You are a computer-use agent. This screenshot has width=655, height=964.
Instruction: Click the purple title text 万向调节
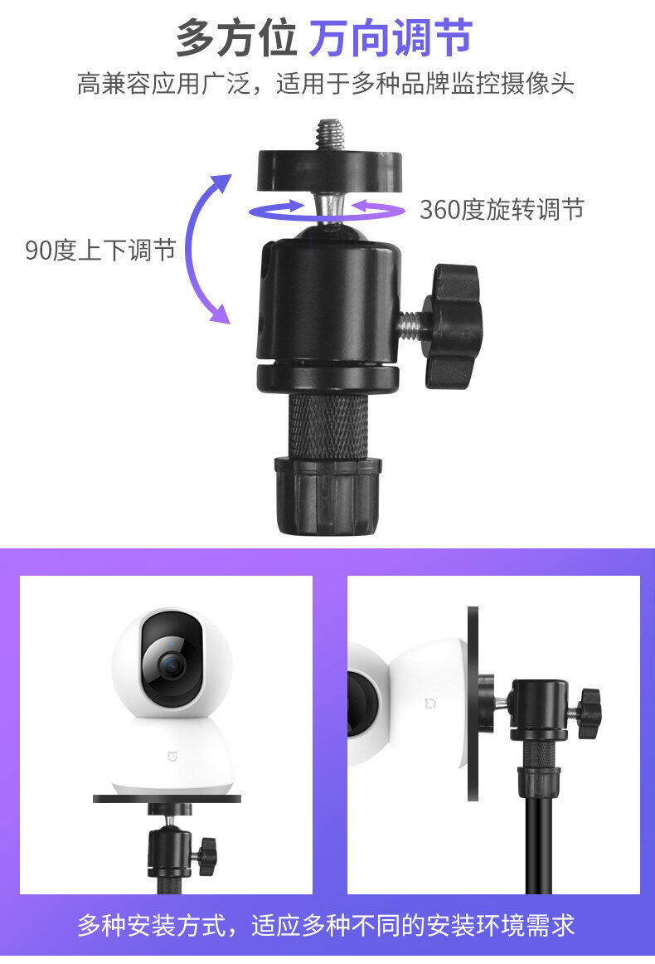pos(391,38)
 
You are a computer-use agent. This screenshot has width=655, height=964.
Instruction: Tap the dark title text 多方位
pos(237,38)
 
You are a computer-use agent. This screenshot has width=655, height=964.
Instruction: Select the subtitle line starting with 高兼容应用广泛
pos(326,84)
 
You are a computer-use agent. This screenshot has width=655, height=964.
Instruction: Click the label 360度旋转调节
pos(502,210)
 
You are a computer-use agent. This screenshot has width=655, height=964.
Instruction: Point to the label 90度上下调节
pos(101,250)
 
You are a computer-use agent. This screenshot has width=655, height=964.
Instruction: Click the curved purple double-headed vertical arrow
pos(189,249)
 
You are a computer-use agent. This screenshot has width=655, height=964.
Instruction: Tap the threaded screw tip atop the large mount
pos(328,134)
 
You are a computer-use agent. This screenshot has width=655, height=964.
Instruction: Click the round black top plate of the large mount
pos(329,170)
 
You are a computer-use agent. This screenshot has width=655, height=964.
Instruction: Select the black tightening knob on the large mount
pos(454,326)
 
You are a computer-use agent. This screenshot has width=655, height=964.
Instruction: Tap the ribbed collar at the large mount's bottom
pos(328,495)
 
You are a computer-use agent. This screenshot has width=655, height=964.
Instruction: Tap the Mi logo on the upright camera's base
pos(172,756)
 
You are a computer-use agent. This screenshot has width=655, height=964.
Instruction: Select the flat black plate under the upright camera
pos(167,799)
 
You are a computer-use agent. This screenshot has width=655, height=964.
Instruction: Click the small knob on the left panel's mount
pos(206,855)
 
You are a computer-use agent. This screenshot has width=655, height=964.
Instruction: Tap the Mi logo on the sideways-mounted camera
pos(430,703)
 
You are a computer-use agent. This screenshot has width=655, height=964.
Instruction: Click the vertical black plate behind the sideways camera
pos(473,704)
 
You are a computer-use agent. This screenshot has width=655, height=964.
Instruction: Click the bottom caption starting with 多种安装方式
pos(326,925)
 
